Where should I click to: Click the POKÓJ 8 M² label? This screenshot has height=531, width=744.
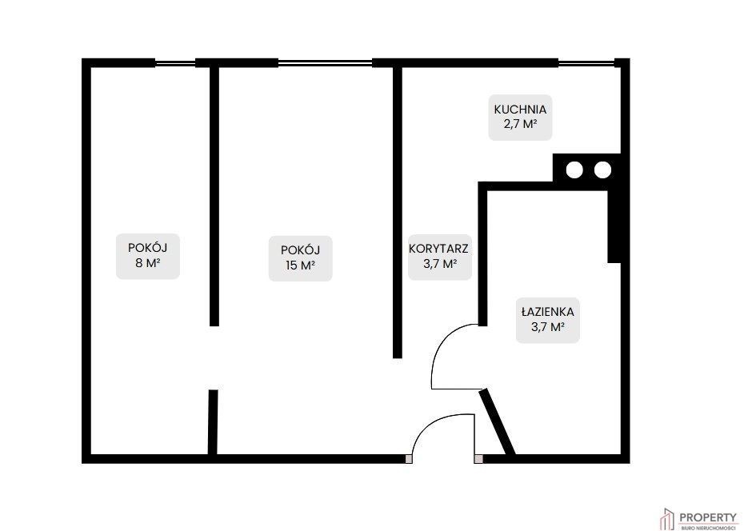coord(147,256)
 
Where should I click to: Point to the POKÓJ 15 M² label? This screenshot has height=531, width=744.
coord(300,258)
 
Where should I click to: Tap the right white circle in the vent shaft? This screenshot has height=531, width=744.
coord(602,170)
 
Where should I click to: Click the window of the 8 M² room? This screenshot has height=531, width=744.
coord(175,62)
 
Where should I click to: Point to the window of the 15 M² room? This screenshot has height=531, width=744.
coord(325,62)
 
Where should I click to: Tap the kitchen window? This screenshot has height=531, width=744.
coord(586,62)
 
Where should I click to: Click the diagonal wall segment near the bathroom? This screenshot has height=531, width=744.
coord(498,422)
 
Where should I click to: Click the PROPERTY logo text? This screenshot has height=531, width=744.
coord(709,517)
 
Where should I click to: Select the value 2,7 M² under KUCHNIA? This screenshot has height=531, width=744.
coord(520,125)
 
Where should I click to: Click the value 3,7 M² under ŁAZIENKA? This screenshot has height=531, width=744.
coord(547,327)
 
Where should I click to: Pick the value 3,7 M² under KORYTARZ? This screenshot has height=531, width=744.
coord(440,264)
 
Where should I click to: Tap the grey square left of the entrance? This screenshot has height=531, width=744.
coord(409,459)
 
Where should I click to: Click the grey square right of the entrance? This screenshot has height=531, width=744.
coord(478,459)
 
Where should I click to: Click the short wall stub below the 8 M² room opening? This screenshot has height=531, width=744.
coord(213,422)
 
